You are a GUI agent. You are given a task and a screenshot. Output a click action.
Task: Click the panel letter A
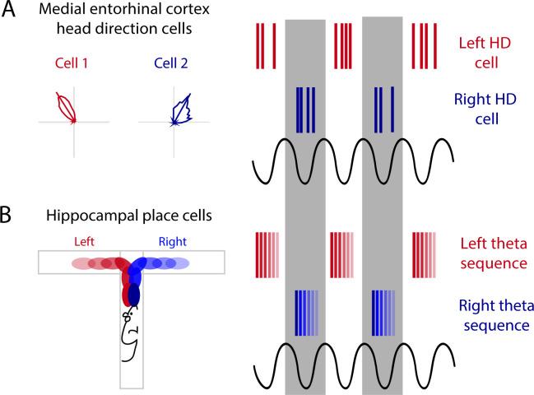click(10, 14)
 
